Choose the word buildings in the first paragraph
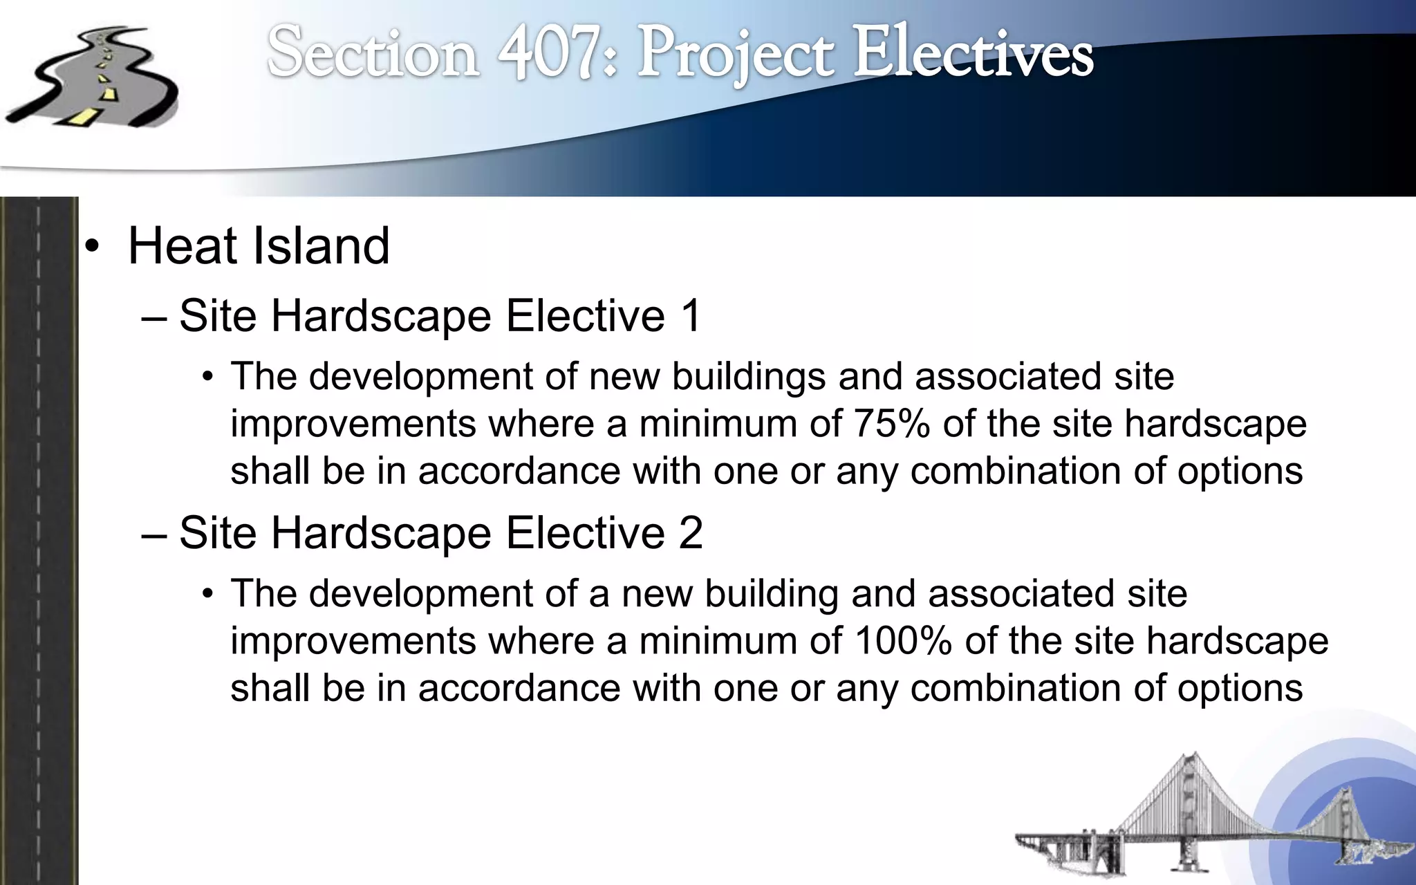pyautogui.click(x=748, y=377)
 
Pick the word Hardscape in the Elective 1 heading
pyautogui.click(x=381, y=317)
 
